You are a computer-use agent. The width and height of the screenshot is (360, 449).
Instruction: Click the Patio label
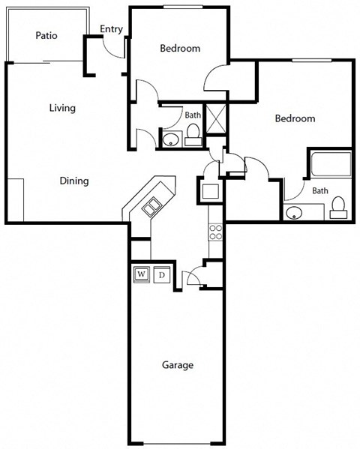click(x=46, y=35)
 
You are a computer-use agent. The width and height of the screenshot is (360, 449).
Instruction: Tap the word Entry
click(x=111, y=29)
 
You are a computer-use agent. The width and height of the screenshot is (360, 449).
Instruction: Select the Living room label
click(x=62, y=108)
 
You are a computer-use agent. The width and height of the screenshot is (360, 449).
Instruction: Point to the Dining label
click(x=74, y=181)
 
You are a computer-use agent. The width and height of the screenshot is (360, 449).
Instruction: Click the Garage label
click(x=178, y=366)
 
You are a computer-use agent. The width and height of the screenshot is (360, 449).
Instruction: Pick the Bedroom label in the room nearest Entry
click(x=180, y=49)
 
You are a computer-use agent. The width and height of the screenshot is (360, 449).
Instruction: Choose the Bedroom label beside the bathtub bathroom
click(x=294, y=118)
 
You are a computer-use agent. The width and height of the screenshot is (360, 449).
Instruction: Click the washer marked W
click(x=142, y=275)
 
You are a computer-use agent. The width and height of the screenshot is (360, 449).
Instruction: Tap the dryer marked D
click(x=161, y=275)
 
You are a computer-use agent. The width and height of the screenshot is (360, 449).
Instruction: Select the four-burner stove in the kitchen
click(x=215, y=232)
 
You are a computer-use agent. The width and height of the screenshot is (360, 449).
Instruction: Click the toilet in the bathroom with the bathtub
click(x=339, y=207)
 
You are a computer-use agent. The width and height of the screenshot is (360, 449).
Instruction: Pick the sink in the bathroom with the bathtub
click(x=294, y=211)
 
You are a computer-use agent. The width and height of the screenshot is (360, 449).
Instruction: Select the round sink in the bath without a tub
click(x=171, y=139)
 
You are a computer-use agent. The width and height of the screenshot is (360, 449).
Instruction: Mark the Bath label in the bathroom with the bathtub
click(x=320, y=190)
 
